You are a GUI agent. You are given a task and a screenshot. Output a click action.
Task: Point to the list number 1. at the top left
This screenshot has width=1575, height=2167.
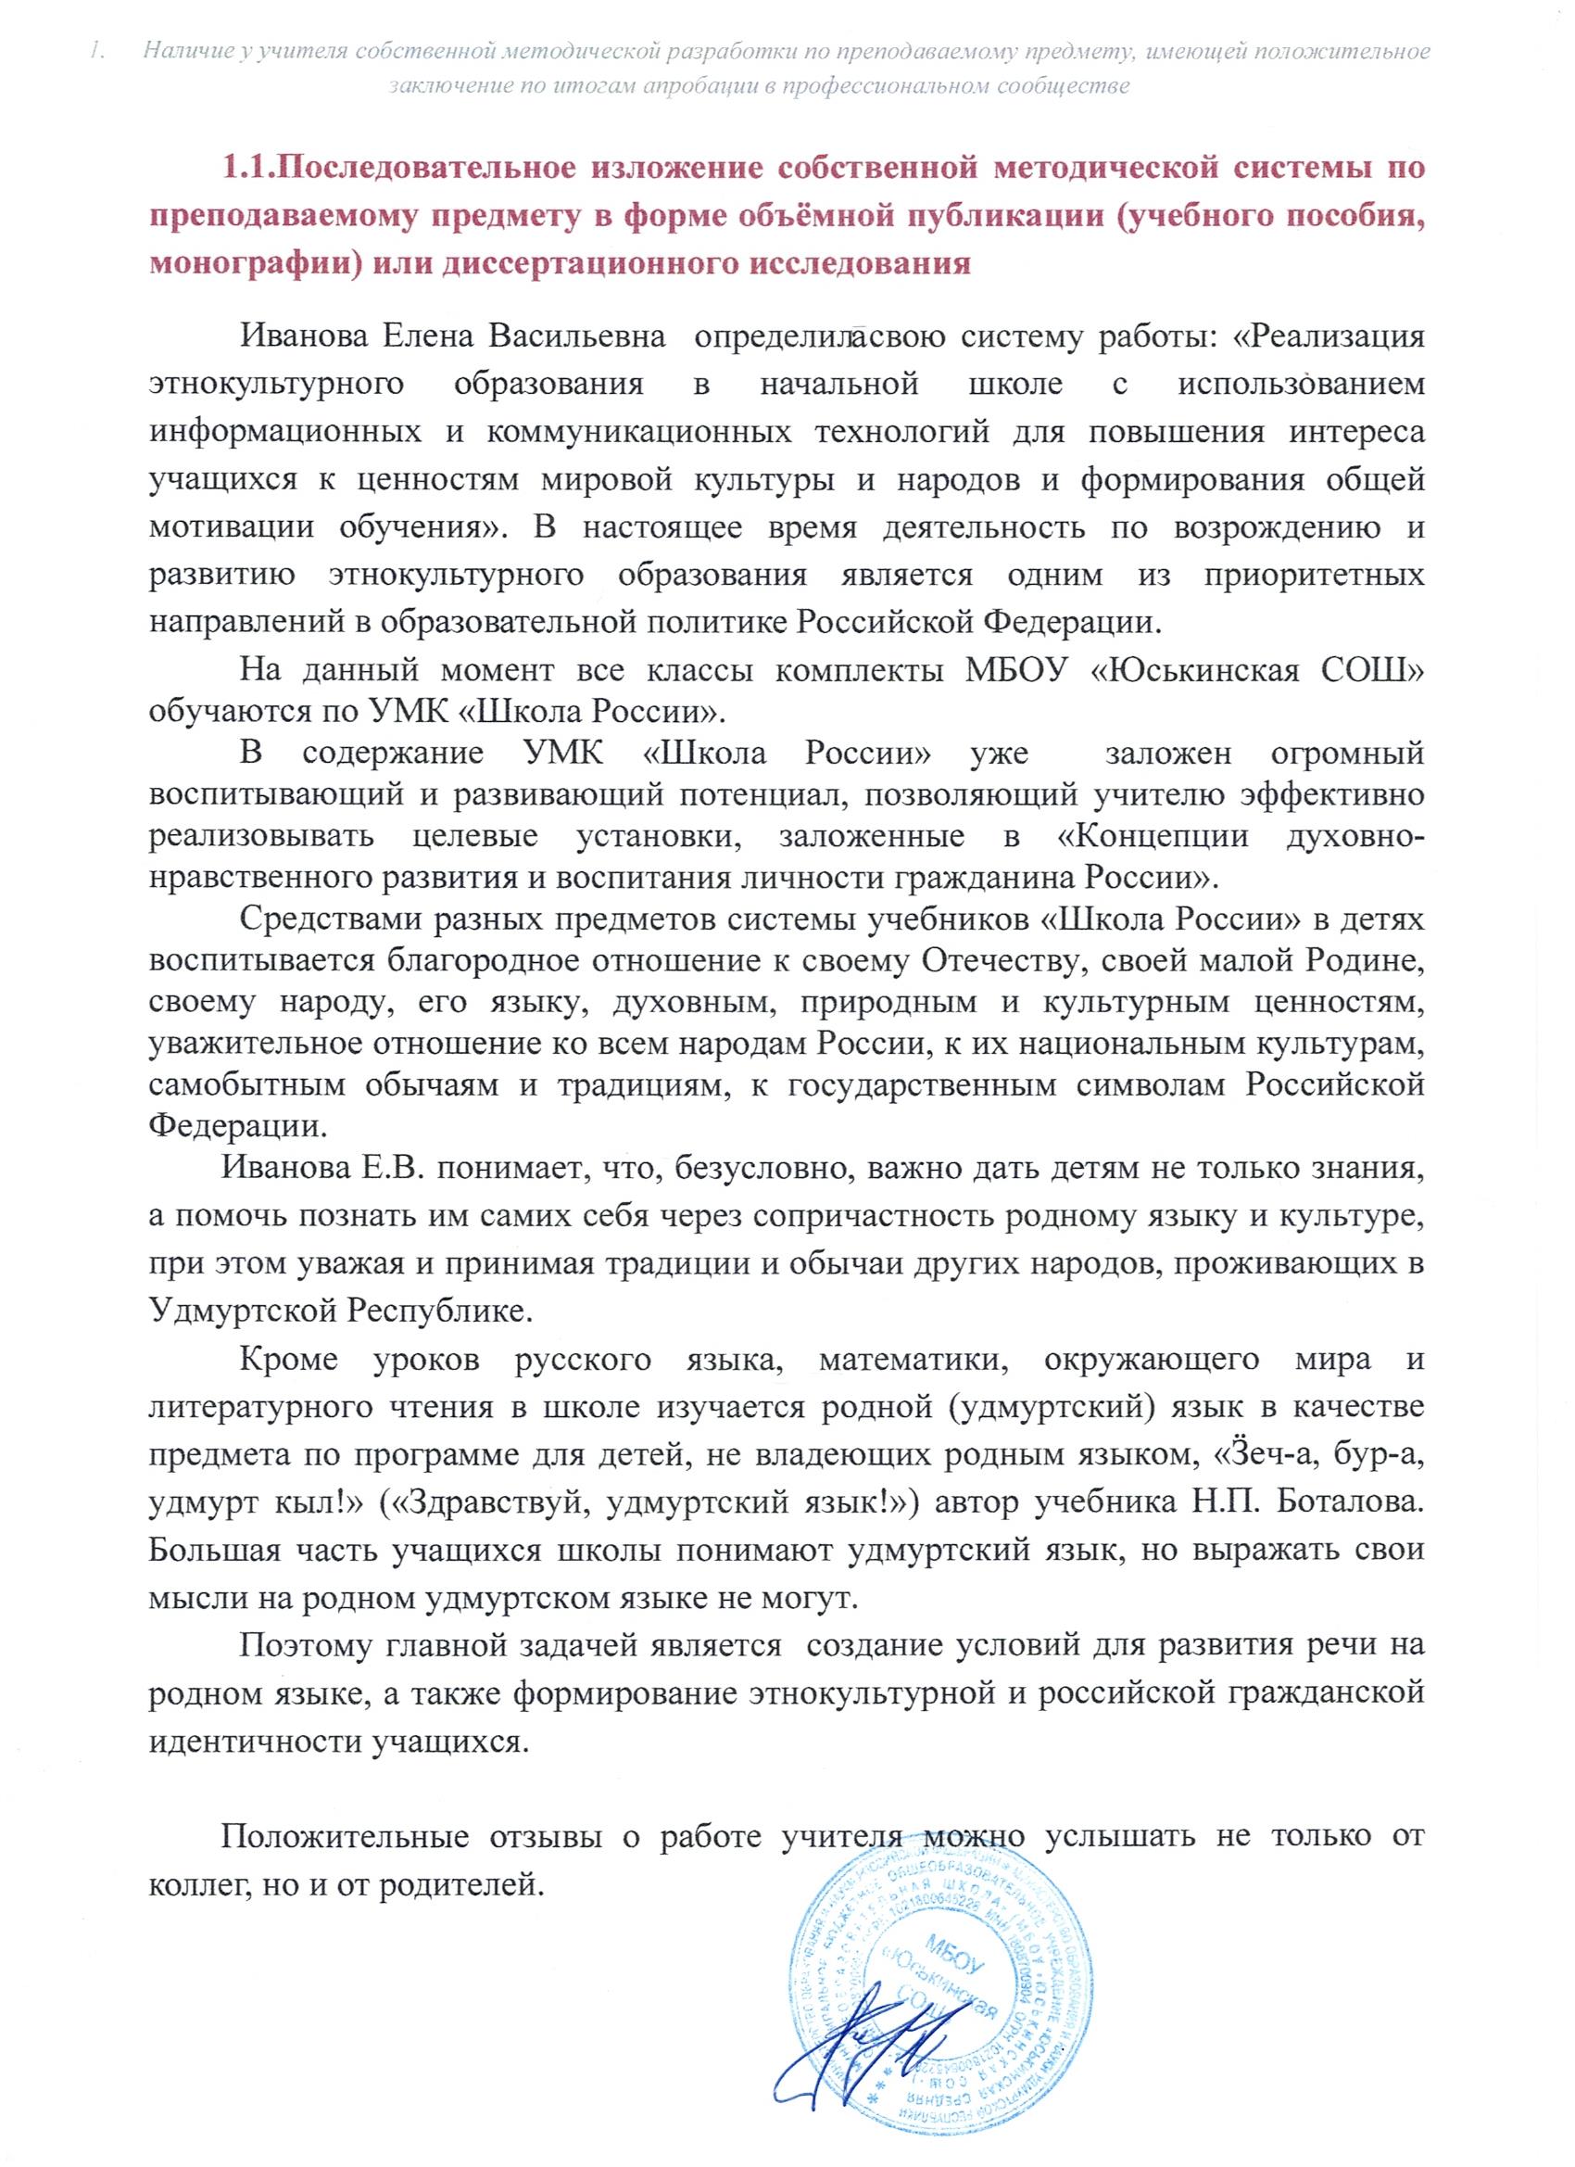(95, 52)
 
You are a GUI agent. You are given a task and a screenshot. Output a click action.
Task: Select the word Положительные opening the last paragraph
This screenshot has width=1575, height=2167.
(345, 1835)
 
